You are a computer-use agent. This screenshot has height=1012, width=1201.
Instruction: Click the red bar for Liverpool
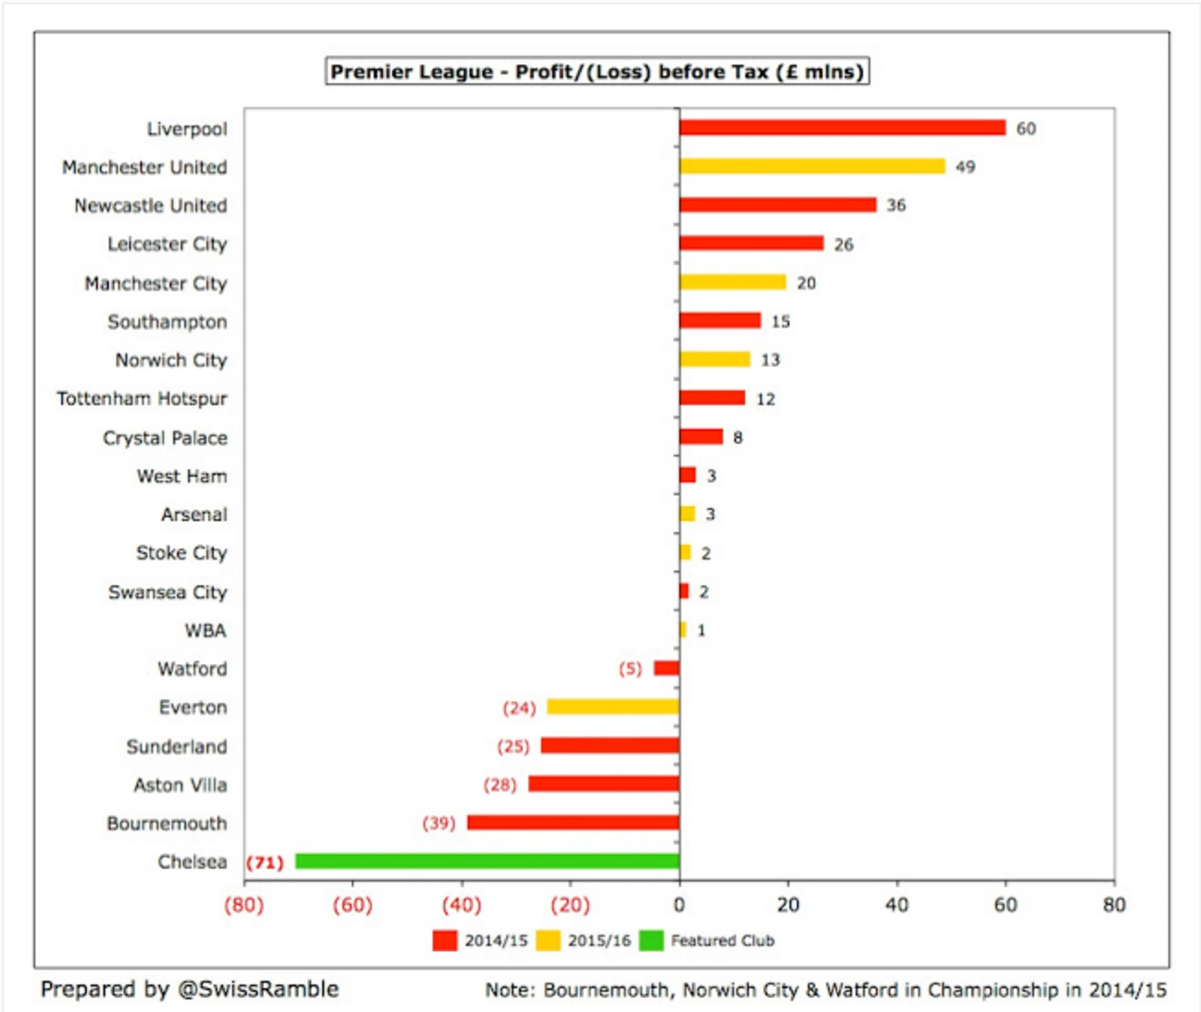pos(842,128)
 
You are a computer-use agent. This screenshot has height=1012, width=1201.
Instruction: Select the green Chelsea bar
pos(487,861)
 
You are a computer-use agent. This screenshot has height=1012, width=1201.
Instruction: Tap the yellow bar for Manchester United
pos(812,166)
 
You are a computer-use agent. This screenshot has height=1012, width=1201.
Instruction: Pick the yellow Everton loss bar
pos(613,707)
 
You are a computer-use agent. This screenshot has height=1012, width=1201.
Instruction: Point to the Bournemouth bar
pos(573,823)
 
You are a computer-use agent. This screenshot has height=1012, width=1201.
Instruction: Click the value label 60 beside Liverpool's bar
pos(1026,128)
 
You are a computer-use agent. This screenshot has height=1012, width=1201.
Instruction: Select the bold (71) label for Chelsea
pos(265,862)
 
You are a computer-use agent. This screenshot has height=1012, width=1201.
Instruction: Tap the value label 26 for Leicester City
pos(843,244)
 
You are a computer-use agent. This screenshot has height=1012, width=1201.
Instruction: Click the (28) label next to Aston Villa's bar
pos(500,785)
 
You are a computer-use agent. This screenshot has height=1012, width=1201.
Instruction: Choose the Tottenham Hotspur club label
pos(141,399)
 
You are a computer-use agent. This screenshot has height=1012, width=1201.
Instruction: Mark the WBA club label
pos(205,630)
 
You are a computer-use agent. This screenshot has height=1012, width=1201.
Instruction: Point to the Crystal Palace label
pos(165,438)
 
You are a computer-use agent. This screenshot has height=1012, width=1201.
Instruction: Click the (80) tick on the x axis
pos(244,905)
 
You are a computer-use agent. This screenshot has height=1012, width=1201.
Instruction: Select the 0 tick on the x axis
pos(679,905)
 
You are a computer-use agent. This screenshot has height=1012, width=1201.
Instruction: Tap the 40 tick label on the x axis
pos(896,905)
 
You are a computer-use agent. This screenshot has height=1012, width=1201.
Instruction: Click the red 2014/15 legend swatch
pos(445,940)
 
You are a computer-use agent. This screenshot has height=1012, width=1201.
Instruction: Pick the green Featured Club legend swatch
pos(652,940)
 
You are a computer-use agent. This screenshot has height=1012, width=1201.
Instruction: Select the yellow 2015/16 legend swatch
pos(548,940)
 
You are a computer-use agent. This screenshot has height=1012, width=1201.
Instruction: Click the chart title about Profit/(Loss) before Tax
pos(597,72)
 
